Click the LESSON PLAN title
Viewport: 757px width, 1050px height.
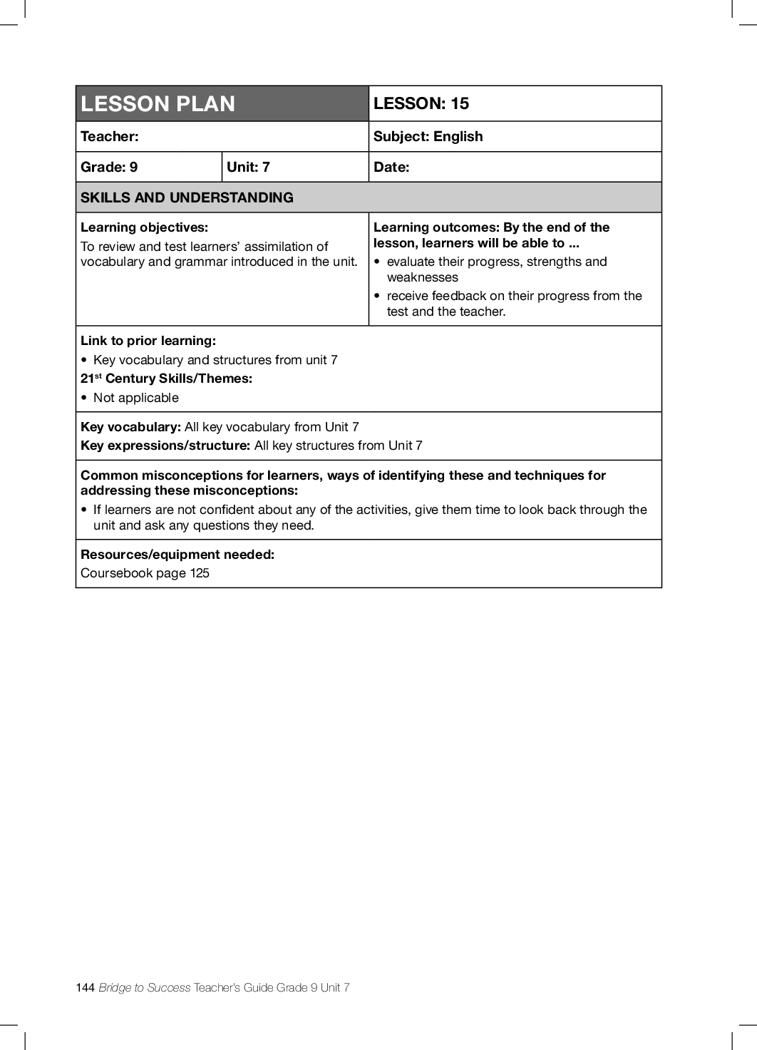[x=158, y=104]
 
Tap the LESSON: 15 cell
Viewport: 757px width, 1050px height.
[x=421, y=103]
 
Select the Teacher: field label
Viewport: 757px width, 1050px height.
[x=110, y=136]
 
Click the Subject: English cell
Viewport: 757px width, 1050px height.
[x=428, y=136]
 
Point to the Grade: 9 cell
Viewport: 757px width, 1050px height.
[x=109, y=167]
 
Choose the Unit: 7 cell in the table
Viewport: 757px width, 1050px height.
[x=248, y=167]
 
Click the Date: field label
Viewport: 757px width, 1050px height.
[x=391, y=167]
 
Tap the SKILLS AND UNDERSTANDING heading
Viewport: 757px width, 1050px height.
[x=187, y=197]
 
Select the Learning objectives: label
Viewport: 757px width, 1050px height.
[x=144, y=227]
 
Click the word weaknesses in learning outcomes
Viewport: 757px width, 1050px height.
[x=422, y=277]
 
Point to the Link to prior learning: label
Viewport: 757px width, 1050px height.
[x=148, y=341]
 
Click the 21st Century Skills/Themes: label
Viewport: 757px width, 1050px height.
[x=166, y=379]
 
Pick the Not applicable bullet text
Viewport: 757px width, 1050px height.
[x=136, y=398]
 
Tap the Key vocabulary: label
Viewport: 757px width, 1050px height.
[x=130, y=427]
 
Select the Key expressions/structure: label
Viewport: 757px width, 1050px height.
[x=165, y=446]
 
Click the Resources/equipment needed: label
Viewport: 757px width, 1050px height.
[x=177, y=555]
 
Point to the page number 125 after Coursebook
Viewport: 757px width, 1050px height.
[x=200, y=573]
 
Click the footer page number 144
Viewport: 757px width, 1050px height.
[x=85, y=987]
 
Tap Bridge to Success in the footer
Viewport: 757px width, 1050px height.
[x=145, y=987]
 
